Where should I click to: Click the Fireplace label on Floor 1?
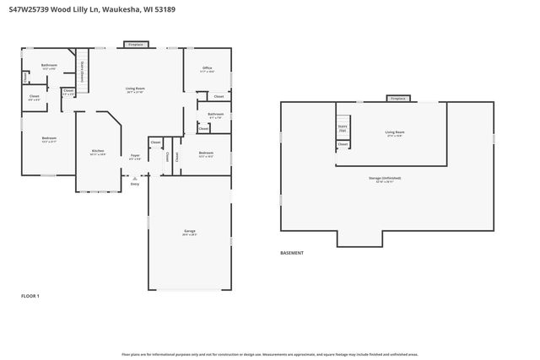(138, 44)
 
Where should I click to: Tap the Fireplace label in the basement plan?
(397, 99)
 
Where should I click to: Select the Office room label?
(207, 68)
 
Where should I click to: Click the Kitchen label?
(98, 152)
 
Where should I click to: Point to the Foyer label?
(135, 156)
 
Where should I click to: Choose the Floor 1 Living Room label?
(136, 89)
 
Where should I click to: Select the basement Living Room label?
(395, 132)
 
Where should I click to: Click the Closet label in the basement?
(343, 145)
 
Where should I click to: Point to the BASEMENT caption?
(292, 253)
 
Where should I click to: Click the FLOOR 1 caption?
(30, 296)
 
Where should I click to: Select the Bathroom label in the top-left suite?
(49, 66)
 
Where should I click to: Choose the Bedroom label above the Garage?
(206, 154)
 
